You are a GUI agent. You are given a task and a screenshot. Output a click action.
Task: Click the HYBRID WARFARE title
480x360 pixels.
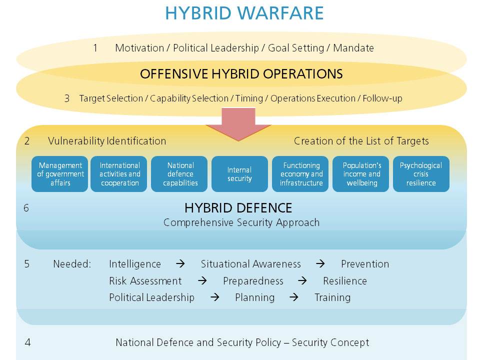(x=244, y=13)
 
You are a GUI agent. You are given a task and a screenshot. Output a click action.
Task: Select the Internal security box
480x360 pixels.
(x=239, y=174)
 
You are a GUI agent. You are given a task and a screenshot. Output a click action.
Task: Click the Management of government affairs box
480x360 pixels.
(x=60, y=174)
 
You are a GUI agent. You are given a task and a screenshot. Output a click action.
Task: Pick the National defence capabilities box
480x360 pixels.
(x=180, y=174)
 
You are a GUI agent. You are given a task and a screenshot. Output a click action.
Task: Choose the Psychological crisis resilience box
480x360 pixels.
(x=421, y=174)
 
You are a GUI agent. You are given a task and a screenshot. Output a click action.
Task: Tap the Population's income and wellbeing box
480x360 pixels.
(x=361, y=174)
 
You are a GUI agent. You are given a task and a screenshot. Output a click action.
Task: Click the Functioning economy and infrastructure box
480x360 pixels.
(x=300, y=174)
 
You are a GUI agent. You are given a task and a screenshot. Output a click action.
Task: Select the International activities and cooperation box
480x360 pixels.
(x=119, y=174)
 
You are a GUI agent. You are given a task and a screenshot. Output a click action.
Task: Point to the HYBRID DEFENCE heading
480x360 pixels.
(x=238, y=208)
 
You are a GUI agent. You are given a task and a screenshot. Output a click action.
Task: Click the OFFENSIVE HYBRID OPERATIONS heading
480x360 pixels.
(x=241, y=74)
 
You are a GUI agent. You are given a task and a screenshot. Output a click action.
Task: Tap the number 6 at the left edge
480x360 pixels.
(x=26, y=208)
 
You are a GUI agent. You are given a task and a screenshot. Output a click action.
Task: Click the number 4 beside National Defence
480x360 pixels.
(x=27, y=342)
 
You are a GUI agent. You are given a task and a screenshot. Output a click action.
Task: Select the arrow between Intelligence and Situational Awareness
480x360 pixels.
(x=180, y=264)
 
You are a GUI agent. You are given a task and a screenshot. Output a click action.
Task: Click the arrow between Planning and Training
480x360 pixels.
(x=294, y=297)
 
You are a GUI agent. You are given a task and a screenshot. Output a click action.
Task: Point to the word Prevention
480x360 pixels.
(x=364, y=264)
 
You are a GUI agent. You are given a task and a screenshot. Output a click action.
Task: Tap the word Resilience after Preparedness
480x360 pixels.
(x=344, y=281)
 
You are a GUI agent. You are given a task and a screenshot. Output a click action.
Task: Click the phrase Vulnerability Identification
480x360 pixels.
(x=107, y=141)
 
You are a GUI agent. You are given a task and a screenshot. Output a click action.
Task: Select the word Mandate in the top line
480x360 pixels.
(x=353, y=48)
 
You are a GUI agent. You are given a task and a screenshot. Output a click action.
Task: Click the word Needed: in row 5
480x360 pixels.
(x=72, y=264)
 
